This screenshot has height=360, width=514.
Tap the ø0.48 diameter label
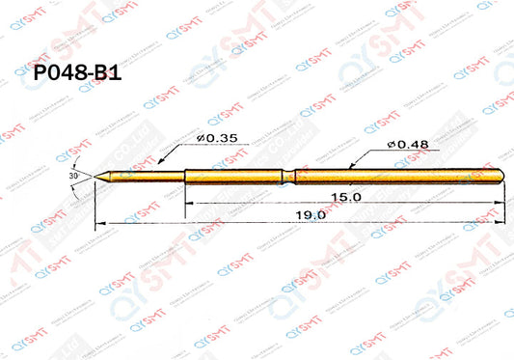(x=406, y=144)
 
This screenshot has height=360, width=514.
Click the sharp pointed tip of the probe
(x=96, y=175)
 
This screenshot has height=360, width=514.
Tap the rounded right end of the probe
(x=502, y=175)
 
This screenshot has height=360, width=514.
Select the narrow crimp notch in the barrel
(x=285, y=175)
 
